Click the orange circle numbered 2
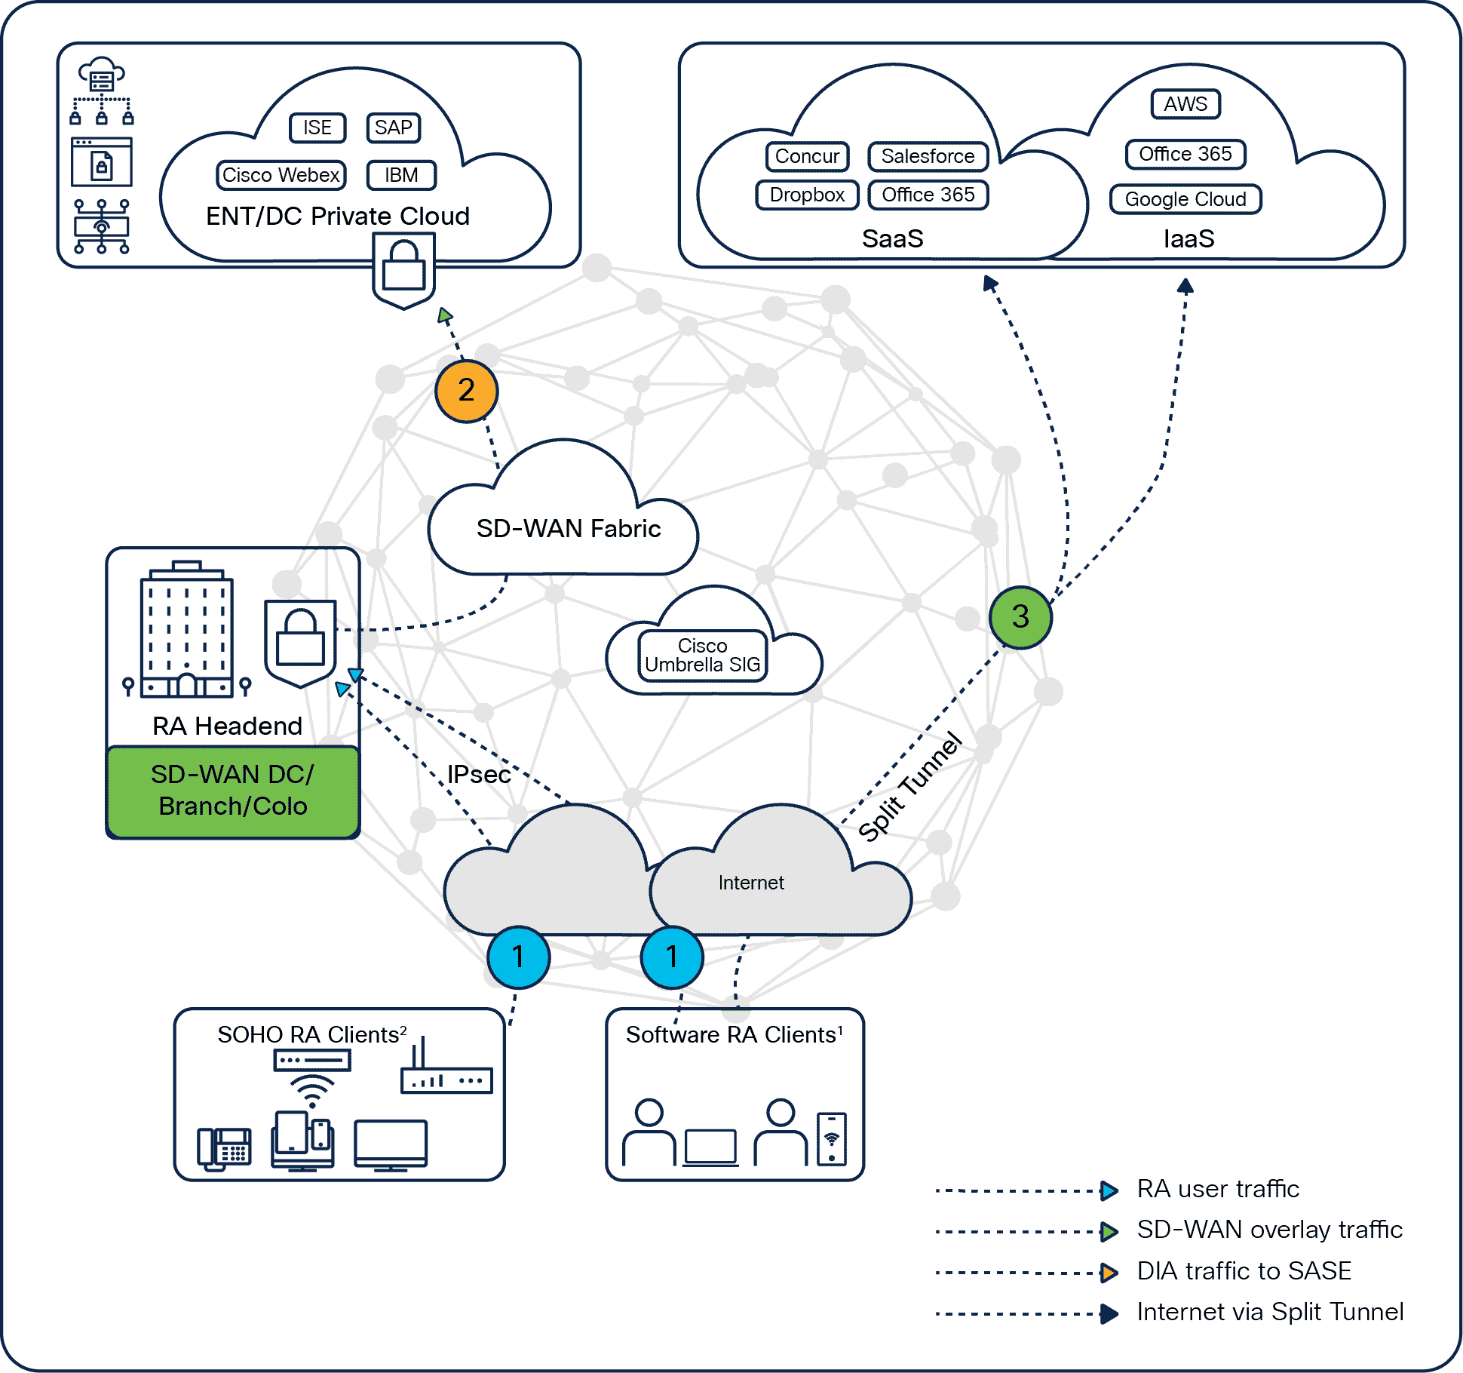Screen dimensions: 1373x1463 point(466,391)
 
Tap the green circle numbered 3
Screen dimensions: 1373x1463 point(1020,617)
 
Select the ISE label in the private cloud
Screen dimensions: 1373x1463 point(317,127)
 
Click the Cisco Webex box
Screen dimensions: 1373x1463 point(281,175)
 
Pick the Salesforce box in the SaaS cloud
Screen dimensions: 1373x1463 point(928,156)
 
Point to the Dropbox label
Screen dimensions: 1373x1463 point(807,195)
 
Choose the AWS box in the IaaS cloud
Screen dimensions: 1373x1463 point(1185,104)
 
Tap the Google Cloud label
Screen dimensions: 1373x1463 point(1185,199)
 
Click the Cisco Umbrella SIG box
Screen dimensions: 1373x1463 point(702,656)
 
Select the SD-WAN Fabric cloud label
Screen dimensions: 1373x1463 point(569,529)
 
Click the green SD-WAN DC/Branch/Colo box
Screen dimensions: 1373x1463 point(232,791)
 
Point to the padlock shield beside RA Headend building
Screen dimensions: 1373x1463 point(300,642)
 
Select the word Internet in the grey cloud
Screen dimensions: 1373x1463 point(751,883)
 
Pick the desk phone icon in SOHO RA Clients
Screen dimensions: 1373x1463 point(224,1147)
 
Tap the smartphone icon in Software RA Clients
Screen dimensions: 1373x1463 point(832,1138)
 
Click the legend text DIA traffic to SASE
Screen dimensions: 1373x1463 point(1244,1271)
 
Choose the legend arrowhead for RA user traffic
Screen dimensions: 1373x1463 point(1109,1190)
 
